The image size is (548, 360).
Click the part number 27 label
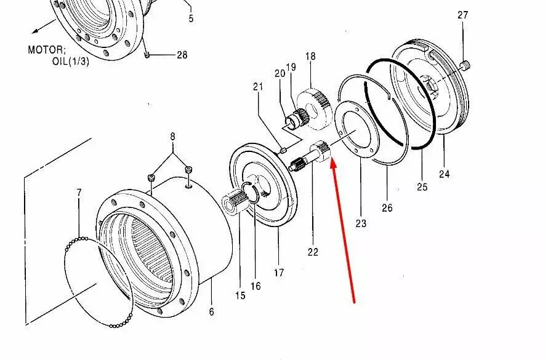[463, 15]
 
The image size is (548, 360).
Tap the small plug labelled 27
[465, 65]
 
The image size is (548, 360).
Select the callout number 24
[444, 174]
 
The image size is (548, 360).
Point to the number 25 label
[422, 187]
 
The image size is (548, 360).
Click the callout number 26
[387, 208]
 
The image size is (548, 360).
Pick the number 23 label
[361, 223]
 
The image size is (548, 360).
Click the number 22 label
[313, 252]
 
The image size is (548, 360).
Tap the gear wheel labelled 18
[313, 108]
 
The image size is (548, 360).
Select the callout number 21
[258, 87]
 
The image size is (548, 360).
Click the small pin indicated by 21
[283, 151]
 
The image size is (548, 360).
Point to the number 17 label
[279, 273]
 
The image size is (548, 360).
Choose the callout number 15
[240, 295]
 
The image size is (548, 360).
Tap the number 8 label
[172, 137]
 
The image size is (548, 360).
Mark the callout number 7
[79, 193]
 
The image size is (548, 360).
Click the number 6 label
[211, 311]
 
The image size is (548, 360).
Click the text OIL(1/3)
[71, 62]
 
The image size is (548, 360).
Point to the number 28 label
[182, 55]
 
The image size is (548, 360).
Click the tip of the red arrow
[332, 159]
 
